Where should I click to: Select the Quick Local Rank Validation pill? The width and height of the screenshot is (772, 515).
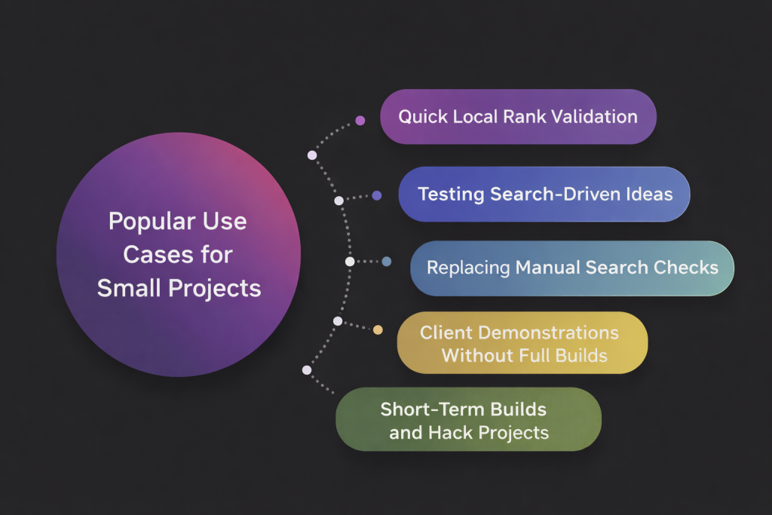(518, 117)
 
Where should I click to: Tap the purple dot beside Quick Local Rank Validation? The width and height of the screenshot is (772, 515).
(360, 120)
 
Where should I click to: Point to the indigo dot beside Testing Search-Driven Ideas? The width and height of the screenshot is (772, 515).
(377, 195)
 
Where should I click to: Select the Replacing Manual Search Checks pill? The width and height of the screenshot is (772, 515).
(571, 268)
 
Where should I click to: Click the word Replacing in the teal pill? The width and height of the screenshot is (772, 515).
(468, 268)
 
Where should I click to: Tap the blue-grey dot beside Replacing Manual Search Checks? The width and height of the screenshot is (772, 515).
(387, 262)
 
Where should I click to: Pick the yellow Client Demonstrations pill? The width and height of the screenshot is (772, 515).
(522, 343)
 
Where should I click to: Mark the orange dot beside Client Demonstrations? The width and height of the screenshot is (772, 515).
(378, 330)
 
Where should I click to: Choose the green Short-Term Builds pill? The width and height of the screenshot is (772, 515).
(467, 421)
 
